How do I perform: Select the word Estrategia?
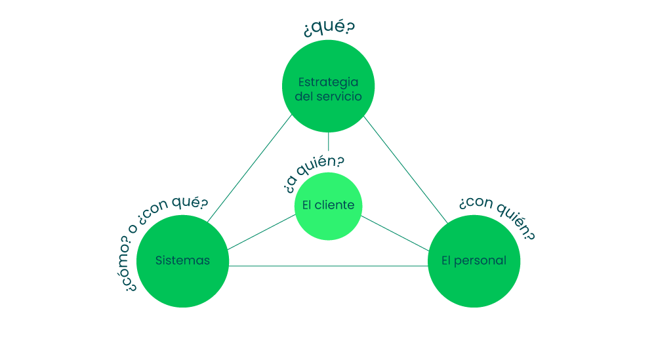coord(328,82)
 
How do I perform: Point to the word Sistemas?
coord(182,260)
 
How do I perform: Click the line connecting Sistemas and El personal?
coord(328,266)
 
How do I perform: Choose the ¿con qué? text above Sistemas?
coord(176,209)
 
